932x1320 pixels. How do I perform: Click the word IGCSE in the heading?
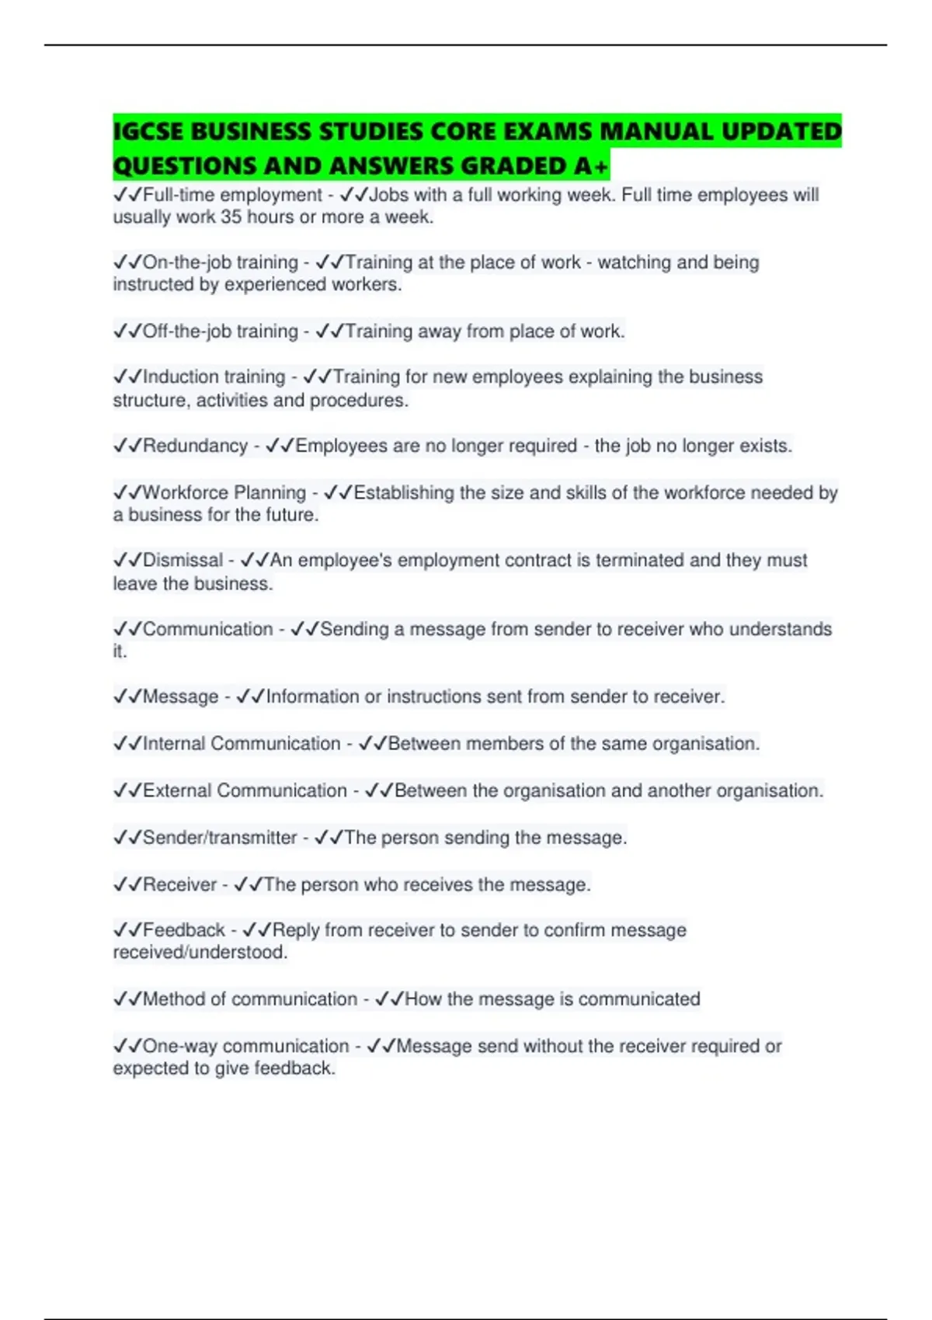[x=148, y=132]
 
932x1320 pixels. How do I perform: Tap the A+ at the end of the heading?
[x=592, y=166]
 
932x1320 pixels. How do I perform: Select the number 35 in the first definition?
[x=231, y=217]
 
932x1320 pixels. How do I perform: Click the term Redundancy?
[x=195, y=446]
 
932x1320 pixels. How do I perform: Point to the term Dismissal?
[x=183, y=560]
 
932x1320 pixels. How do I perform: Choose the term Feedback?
[x=184, y=929]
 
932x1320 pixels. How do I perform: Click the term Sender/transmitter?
[x=220, y=837]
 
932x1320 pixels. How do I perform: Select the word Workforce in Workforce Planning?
[x=185, y=492]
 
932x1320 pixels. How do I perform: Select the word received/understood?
[x=200, y=953]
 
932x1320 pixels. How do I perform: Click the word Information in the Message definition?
[x=312, y=696]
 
